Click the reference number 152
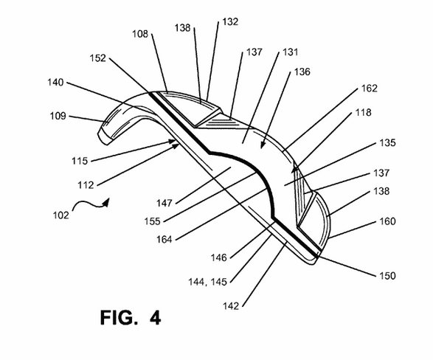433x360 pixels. point(98,58)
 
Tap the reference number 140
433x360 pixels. point(55,83)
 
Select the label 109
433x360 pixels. point(58,116)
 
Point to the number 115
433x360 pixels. point(80,161)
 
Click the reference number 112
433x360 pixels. point(86,185)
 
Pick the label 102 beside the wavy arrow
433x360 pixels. point(60,215)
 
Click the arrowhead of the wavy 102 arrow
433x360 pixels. point(106,202)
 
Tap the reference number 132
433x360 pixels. point(230,22)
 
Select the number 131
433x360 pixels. point(290,52)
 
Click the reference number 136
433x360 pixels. point(302,72)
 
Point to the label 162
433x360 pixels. point(370,89)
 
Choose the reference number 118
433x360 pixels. point(363,113)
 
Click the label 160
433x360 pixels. point(387,221)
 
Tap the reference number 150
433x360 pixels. point(387,275)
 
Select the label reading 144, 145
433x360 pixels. point(208,282)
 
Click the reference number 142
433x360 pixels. point(231,306)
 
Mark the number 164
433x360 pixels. point(164,239)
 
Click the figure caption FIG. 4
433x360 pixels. point(131,317)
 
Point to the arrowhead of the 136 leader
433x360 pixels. point(263,145)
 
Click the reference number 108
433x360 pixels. point(140,34)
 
